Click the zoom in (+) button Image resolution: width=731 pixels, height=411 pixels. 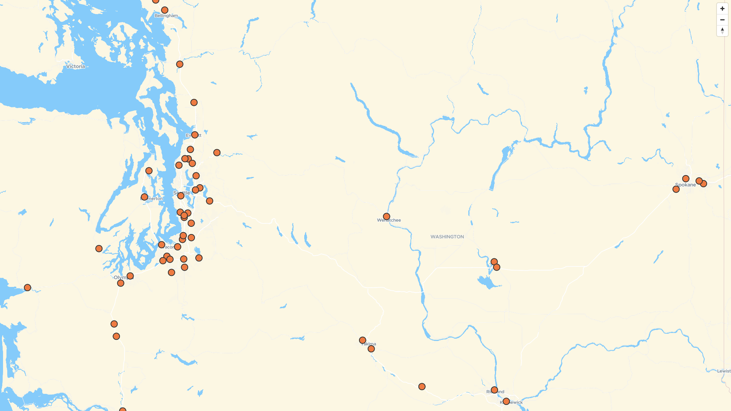pos(722,9)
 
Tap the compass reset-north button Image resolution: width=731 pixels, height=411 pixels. pos(722,31)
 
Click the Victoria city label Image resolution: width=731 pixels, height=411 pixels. pos(75,66)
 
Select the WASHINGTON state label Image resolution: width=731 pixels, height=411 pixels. pos(447,237)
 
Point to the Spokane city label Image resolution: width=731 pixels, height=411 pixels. pos(685,185)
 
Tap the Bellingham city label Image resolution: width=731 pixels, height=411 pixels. pos(166,16)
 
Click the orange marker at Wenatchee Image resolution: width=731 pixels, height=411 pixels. pos(386,217)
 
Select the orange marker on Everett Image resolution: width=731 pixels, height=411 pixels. pos(195,135)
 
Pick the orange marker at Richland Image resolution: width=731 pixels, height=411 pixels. pos(494,390)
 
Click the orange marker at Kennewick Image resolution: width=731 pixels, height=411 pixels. pos(506,401)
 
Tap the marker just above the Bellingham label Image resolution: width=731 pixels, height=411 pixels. pos(164,10)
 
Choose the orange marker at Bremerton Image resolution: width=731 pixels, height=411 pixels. pos(144,197)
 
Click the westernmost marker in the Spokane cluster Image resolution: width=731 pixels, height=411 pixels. pos(676,189)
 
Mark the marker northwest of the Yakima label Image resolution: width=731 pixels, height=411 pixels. pos(362,340)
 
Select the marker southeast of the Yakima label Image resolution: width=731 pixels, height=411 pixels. pos(371,349)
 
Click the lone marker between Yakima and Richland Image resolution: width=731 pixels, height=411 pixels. pos(422,387)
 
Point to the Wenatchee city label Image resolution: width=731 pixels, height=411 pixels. pos(389,220)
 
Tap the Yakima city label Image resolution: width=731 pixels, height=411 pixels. pos(369,344)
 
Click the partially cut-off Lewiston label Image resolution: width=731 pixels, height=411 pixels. pos(723,371)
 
